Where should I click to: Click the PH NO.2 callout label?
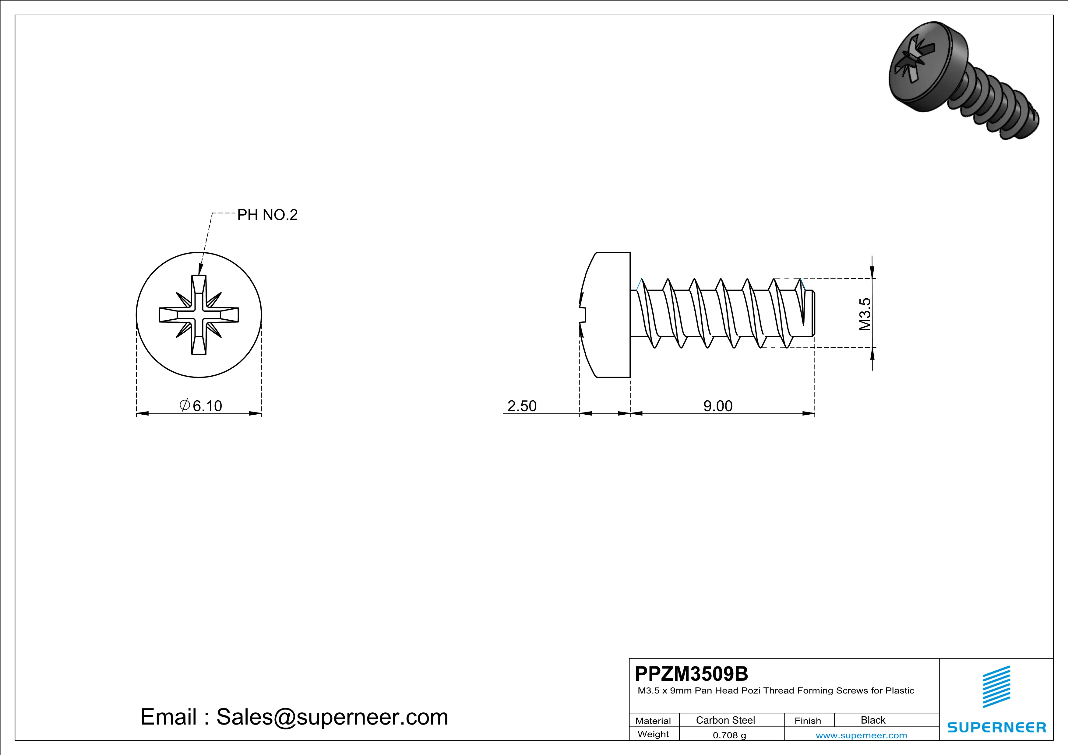tap(267, 215)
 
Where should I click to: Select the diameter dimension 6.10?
tap(201, 406)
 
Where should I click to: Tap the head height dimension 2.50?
tap(522, 406)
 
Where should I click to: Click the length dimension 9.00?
tap(718, 406)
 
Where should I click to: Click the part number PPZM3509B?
tap(691, 674)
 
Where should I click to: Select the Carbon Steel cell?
tap(725, 720)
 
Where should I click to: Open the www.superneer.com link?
tap(861, 735)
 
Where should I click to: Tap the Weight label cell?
tap(653, 734)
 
